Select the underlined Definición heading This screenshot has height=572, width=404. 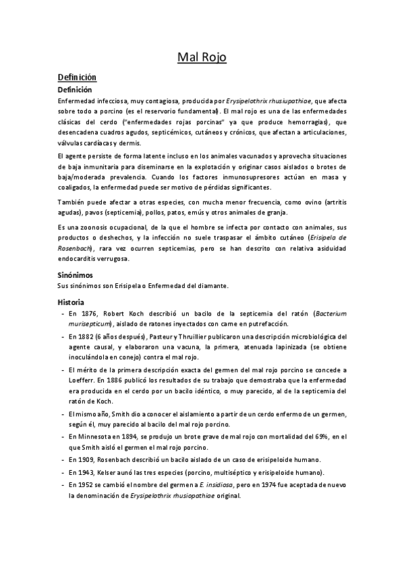[78, 78]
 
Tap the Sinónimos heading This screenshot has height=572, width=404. [75, 275]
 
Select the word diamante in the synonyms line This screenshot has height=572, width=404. [214, 286]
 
